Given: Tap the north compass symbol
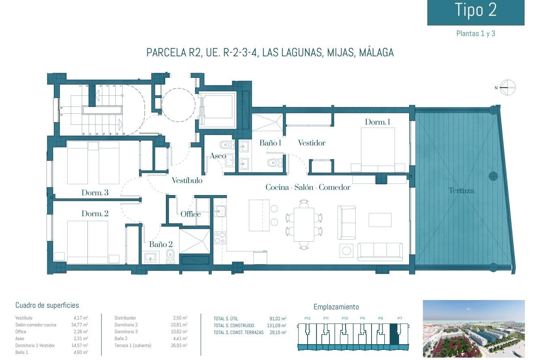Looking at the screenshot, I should click(x=507, y=87).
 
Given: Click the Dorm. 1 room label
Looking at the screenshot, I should click(x=377, y=122).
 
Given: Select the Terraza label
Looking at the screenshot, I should click(x=461, y=190).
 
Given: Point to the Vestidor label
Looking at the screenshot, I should click(x=312, y=143).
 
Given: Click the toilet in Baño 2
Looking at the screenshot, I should click(x=170, y=256).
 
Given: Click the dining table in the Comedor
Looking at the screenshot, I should click(x=304, y=224).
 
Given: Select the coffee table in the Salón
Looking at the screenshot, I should click(x=380, y=220).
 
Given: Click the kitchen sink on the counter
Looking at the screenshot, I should click(x=220, y=211).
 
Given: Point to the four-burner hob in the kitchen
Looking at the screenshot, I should click(x=220, y=238).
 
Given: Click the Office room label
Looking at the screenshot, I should click(x=191, y=214).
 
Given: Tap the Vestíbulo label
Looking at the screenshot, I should click(x=187, y=181).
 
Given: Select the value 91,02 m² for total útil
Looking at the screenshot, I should click(x=278, y=319).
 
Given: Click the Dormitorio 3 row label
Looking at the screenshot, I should click(x=126, y=332).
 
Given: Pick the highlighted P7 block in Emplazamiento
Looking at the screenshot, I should click(x=394, y=334).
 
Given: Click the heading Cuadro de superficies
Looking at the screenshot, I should click(x=47, y=305).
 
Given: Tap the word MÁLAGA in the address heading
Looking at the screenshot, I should click(x=376, y=53).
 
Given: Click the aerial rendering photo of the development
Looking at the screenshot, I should click(x=474, y=328).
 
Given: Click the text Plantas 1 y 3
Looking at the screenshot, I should click(x=476, y=34).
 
